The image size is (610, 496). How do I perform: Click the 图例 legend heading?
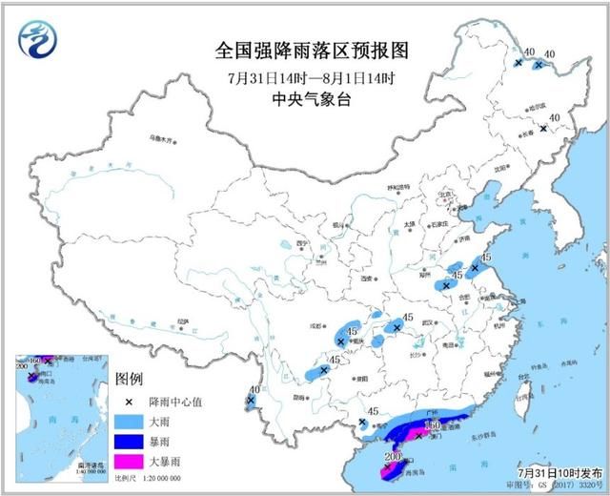[129, 379]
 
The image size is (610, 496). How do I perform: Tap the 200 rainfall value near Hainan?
[391, 458]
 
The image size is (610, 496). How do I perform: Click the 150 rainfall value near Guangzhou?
[431, 425]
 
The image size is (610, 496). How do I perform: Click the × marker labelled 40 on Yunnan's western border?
[250, 401]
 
